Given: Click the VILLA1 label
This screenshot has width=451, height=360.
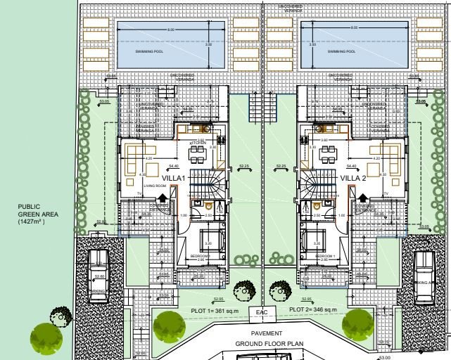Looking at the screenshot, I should [x=173, y=179].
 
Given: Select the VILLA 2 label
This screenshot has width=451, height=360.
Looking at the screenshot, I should [x=353, y=179].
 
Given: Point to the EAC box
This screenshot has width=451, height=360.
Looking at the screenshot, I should [x=262, y=311].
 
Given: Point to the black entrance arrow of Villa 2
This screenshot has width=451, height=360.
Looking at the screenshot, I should [x=362, y=199].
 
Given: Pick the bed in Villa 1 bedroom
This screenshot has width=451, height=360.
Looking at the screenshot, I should [x=209, y=241].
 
